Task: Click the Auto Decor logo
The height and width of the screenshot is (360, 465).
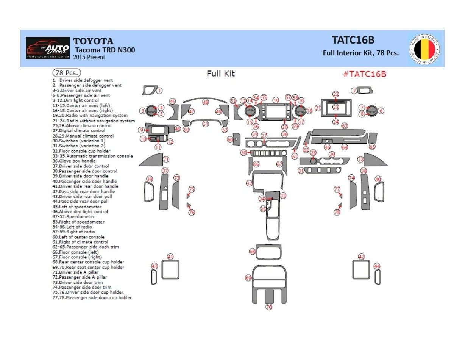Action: coord(48,48)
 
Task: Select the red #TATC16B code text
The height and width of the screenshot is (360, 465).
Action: coord(364,74)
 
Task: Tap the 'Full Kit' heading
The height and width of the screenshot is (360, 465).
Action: coord(220,74)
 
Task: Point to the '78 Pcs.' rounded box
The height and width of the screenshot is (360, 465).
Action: coord(66,73)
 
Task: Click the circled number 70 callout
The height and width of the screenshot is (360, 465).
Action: coord(269,307)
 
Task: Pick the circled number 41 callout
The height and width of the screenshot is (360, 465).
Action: coord(170,257)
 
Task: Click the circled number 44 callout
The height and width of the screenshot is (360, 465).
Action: coord(377,266)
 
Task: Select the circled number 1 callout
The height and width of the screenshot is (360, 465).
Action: coord(159,91)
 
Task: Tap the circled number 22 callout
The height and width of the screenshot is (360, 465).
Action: coord(336,94)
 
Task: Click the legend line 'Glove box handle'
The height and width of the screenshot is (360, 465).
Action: coord(74,161)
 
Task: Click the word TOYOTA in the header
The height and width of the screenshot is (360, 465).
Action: coord(93,41)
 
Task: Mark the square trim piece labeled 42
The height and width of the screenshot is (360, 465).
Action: coord(361,270)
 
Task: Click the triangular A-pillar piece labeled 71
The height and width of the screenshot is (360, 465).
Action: coord(152,161)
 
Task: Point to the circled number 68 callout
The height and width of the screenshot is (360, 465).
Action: coord(252,252)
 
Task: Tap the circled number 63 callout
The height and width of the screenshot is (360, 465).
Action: coord(345,126)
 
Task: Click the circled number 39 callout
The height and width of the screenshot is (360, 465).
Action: coord(150,179)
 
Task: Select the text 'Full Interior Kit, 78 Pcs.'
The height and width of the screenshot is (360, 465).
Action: coord(360,53)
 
